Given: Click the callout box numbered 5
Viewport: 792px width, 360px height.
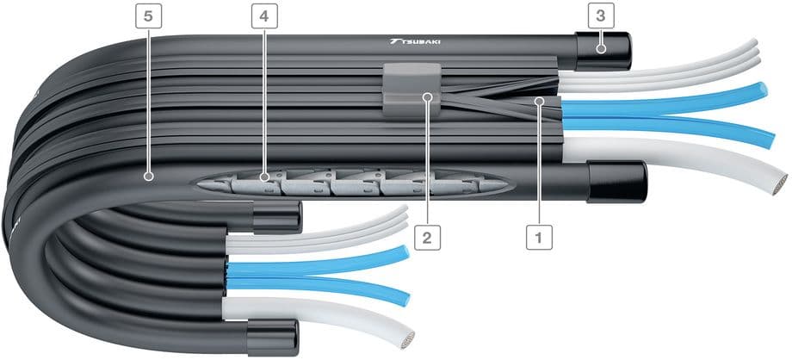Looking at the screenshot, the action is point(148,16).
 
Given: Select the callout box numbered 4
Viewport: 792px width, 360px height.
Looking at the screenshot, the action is point(264,16).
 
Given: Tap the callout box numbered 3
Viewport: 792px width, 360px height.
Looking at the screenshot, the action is point(601,16).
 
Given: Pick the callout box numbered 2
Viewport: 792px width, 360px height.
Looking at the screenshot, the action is point(427,238).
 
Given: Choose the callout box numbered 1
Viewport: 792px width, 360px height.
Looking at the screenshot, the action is point(538,237).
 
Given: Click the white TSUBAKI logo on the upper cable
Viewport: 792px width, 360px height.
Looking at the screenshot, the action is point(415,41).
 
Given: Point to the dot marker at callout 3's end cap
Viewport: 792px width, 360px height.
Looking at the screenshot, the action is point(601,49).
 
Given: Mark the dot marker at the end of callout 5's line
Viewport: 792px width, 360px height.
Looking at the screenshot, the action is point(148,177).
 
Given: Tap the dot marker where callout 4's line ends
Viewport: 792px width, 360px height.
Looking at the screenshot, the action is point(264,177).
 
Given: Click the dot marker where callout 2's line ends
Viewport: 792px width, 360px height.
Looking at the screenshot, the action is point(427,95).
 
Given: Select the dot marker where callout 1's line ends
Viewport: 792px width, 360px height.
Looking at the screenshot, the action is point(539,101).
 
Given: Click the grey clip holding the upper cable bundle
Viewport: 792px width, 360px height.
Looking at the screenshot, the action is point(411,90).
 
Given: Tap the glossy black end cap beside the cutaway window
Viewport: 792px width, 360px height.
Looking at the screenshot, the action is point(616,182).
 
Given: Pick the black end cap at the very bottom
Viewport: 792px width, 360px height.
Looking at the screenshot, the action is point(273,338).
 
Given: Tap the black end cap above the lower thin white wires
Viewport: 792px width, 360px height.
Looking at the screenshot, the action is point(277,217).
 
